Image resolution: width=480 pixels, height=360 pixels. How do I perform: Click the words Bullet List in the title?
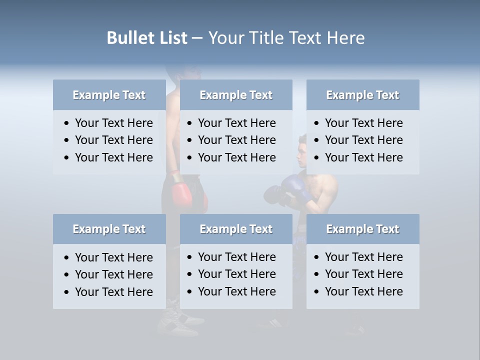(x=147, y=38)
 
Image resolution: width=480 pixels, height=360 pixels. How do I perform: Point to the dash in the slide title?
(x=197, y=38)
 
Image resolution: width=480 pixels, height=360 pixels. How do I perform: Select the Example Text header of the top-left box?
(x=109, y=95)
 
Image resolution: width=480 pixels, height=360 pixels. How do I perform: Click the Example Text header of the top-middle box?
(x=236, y=95)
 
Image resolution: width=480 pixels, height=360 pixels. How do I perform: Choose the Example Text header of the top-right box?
(x=362, y=95)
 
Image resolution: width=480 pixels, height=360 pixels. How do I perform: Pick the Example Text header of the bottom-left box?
(x=109, y=229)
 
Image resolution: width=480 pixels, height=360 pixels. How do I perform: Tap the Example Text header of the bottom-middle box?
(x=236, y=229)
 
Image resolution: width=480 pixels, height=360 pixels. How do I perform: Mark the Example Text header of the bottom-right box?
(x=362, y=229)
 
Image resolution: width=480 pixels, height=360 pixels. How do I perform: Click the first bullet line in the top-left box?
(x=113, y=123)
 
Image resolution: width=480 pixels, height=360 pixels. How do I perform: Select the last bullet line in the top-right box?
(x=363, y=157)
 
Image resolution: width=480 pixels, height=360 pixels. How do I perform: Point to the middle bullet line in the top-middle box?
(x=236, y=140)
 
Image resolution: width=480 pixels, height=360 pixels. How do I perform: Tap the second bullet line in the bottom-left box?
(x=113, y=274)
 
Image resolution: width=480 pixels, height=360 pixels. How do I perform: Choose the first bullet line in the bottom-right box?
(x=363, y=257)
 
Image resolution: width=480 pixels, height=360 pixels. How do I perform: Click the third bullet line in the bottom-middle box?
(x=236, y=291)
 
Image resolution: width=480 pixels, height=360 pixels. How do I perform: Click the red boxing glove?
(x=182, y=194)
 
